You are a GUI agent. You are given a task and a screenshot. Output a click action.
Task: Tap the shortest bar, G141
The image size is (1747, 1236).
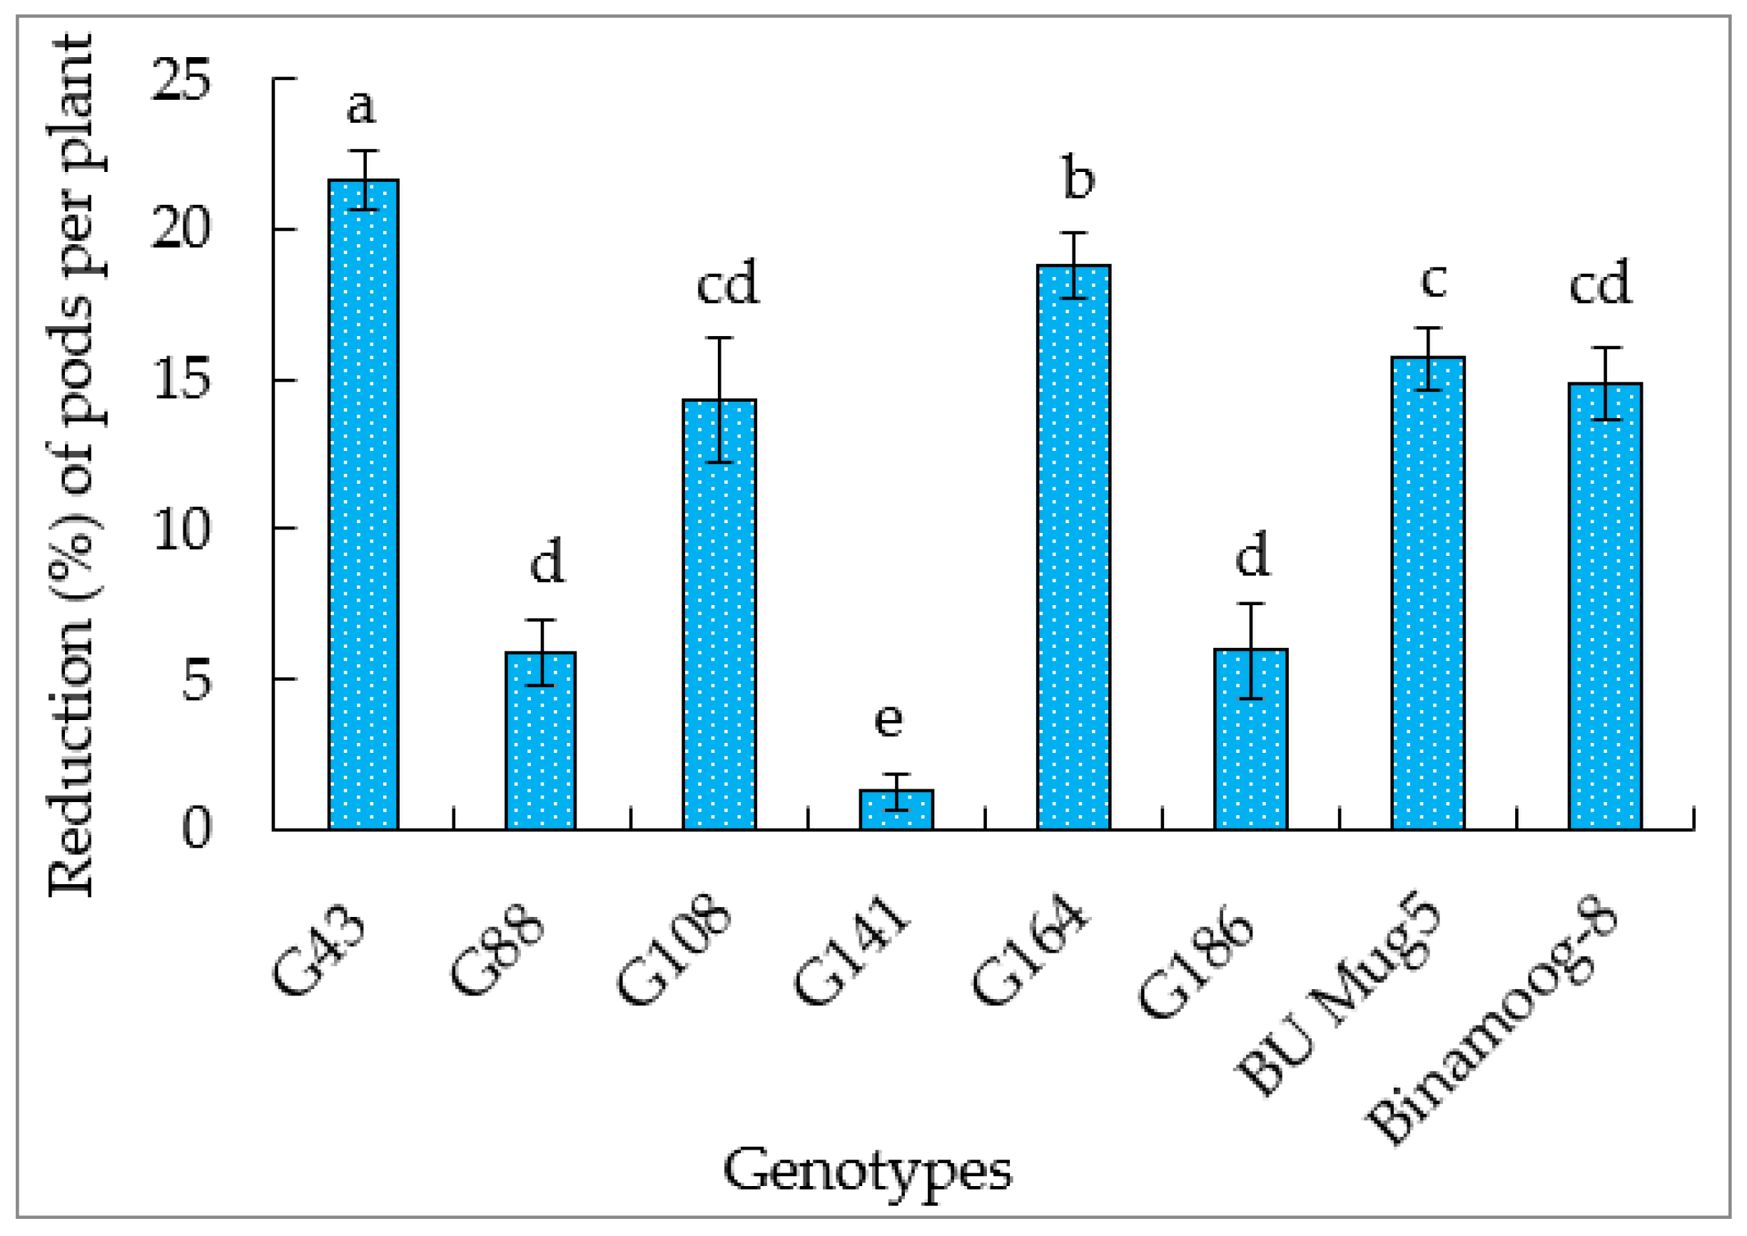896,812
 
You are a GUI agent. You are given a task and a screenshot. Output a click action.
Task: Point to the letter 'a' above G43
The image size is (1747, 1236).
361,106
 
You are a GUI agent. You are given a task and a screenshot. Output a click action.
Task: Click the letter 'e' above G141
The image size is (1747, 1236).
888,719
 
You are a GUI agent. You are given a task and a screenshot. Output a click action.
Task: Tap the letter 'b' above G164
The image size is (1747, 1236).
1078,180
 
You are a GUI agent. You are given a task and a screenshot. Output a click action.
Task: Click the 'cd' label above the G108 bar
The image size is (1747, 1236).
727,283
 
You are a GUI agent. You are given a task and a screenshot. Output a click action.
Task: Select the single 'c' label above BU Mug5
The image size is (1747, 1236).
1434,280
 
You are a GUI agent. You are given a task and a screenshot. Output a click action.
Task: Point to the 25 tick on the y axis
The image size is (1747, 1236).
181,80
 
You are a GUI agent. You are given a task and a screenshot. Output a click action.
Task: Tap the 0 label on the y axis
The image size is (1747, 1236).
196,828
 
